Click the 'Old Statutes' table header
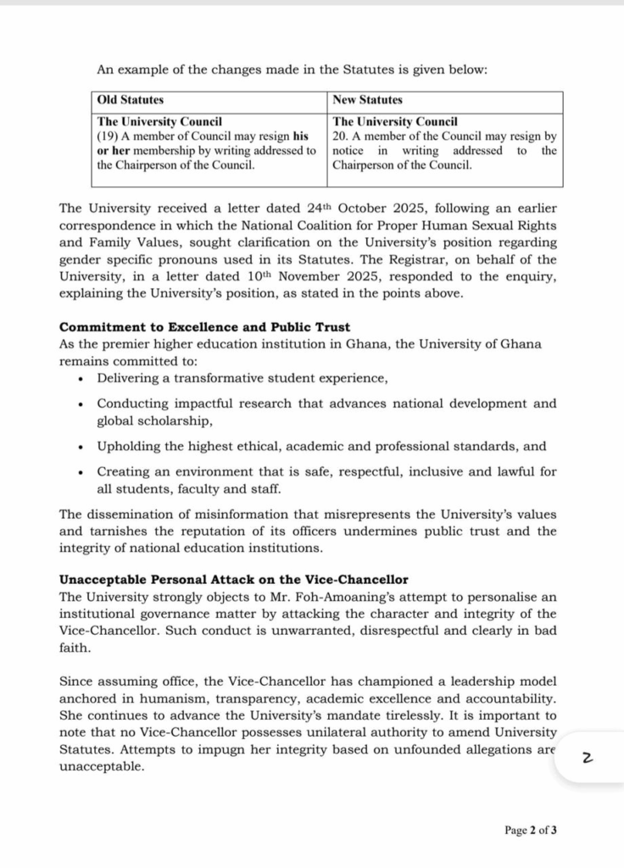[131, 100]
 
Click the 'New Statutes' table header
[367, 100]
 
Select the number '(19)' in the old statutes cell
[109, 136]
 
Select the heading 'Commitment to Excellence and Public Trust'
[204, 327]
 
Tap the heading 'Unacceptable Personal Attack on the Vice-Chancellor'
[233, 580]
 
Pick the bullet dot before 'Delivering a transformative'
[81, 379]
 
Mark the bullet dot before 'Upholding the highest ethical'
[81, 447]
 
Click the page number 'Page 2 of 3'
[531, 830]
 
